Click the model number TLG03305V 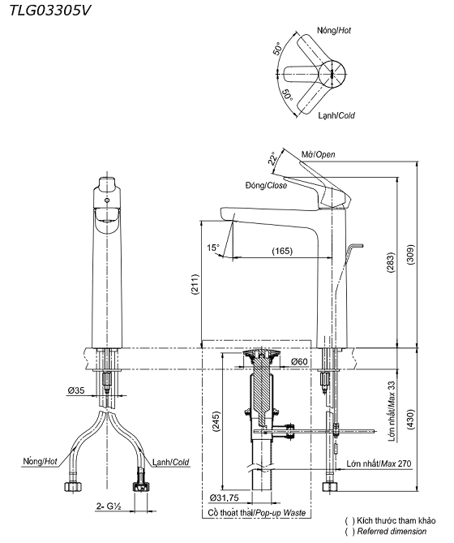(49, 11)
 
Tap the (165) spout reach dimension (282, 250)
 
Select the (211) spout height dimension (195, 284)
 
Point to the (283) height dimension (391, 263)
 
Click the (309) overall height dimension (410, 255)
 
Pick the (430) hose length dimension (410, 419)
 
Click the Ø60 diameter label (299, 361)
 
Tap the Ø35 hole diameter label (76, 390)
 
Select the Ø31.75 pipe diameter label (224, 498)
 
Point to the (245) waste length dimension (216, 421)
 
